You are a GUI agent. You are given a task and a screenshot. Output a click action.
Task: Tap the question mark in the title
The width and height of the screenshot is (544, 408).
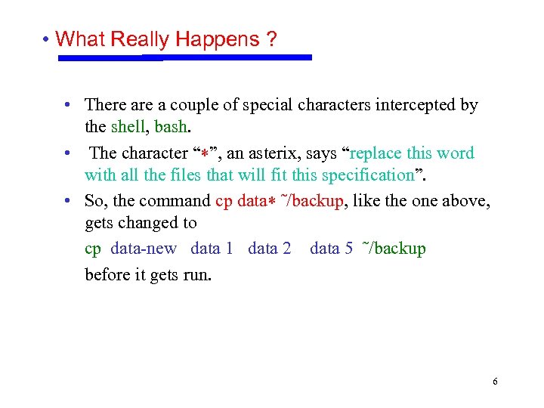click(x=270, y=39)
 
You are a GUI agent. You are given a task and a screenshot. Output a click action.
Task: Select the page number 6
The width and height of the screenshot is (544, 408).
click(x=495, y=382)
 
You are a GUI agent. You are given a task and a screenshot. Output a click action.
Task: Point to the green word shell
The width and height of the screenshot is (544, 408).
click(x=130, y=127)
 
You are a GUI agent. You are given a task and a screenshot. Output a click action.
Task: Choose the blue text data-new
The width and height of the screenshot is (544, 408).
click(x=144, y=249)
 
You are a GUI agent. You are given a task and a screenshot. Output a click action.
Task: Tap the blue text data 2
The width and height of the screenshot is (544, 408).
click(x=269, y=249)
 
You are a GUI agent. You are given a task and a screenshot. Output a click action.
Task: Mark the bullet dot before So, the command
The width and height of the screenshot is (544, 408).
click(x=68, y=201)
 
